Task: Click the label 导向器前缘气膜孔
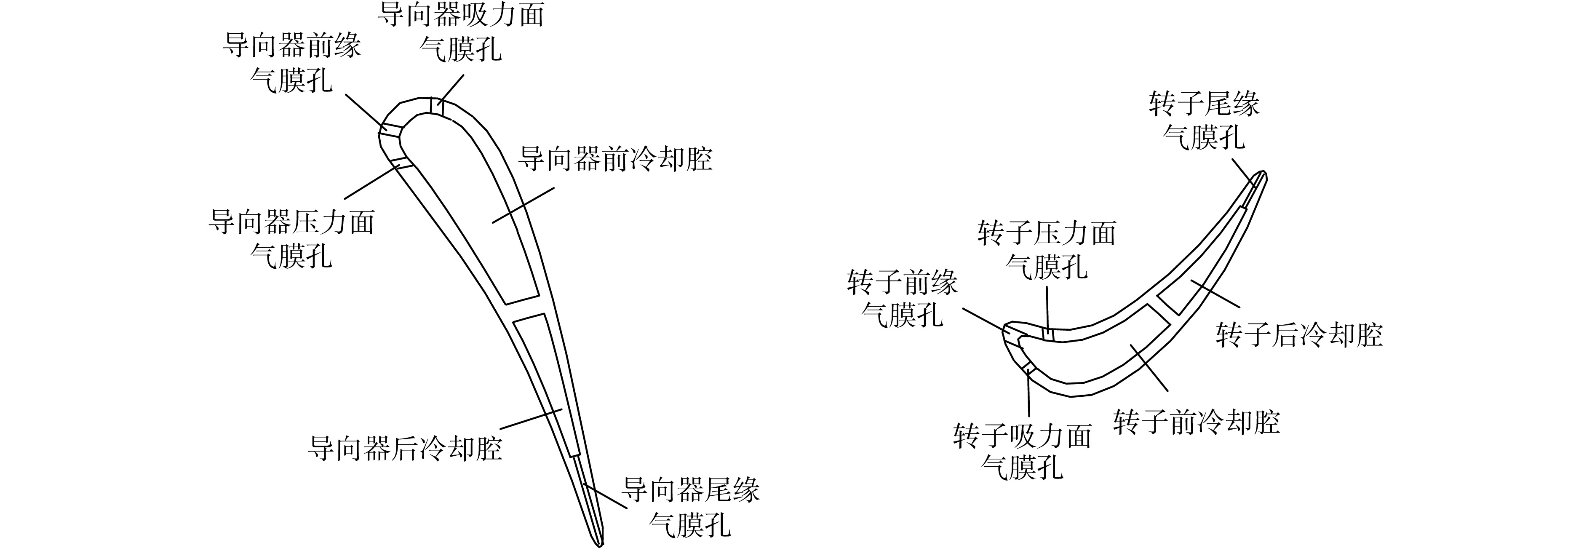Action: tap(292, 64)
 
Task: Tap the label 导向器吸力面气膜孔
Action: tap(460, 32)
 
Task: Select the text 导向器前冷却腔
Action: tap(615, 159)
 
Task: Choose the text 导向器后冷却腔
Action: tap(405, 448)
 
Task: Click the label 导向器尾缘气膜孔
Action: tap(690, 507)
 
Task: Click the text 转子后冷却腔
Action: tap(1299, 335)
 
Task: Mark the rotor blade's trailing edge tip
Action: tap(1264, 173)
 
